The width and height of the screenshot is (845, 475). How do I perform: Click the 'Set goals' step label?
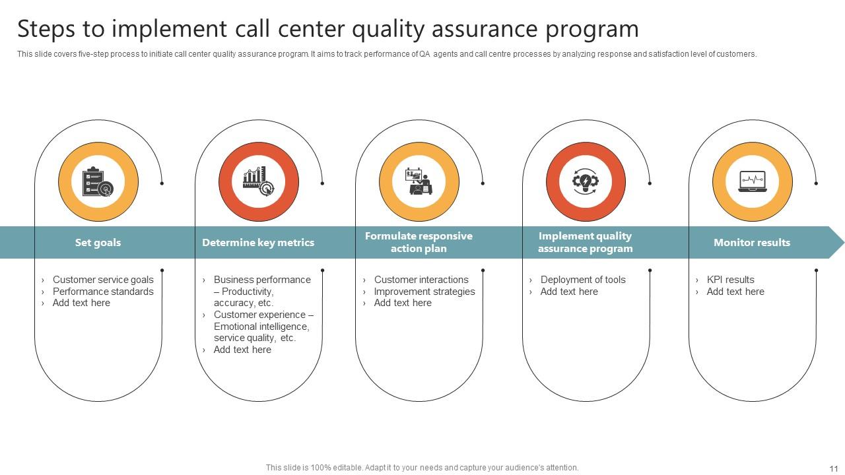pos(98,243)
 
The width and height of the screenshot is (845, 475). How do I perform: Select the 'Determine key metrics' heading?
pos(258,243)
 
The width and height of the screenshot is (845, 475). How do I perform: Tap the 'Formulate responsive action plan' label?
pos(419,242)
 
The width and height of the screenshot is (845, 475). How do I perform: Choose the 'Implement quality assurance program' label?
pos(585,242)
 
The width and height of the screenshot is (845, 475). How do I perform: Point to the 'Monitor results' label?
pos(751,243)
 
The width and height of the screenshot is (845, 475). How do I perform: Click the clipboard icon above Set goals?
pos(98,182)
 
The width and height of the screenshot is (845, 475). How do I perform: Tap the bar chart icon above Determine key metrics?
pos(259,182)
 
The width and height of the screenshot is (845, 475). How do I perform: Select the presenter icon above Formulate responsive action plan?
pos(419,182)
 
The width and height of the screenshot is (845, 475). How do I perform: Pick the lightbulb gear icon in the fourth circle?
pos(586,182)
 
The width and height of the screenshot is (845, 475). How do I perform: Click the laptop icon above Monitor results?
pos(752,182)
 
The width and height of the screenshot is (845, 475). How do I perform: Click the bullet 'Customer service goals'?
pos(103,280)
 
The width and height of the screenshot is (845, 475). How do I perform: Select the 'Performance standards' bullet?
pos(103,292)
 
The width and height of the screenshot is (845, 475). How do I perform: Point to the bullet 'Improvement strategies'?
pos(424,292)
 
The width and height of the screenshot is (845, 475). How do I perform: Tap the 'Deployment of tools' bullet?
pos(583,280)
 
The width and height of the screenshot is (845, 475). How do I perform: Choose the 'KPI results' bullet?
pos(730,280)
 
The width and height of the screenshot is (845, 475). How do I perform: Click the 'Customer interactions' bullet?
pos(421,280)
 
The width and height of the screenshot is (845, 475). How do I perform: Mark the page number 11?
pos(833,468)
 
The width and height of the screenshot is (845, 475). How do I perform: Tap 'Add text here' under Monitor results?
pos(735,292)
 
